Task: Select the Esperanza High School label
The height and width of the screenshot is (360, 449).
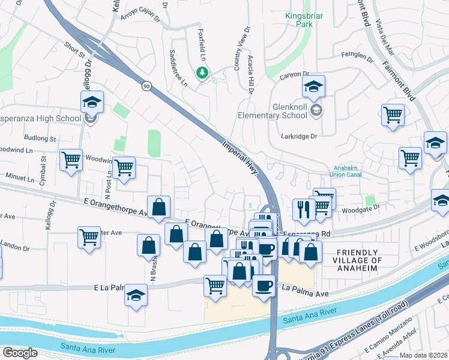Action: (41, 118)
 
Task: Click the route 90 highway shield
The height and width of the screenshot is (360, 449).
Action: (146, 86)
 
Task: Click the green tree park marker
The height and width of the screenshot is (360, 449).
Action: (202, 73)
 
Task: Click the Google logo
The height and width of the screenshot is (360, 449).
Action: (20, 353)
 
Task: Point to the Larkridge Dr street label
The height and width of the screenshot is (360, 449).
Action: (299, 136)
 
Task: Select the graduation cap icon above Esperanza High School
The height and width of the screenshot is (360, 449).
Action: (92, 101)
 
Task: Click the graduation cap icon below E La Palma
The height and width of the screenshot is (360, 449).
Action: (136, 296)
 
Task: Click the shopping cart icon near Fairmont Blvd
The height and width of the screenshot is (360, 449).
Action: (393, 113)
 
